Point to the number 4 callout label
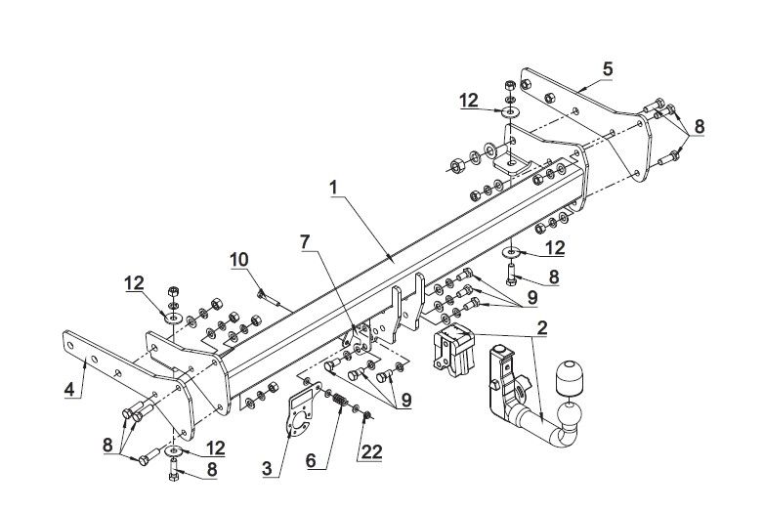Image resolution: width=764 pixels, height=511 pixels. [69, 390]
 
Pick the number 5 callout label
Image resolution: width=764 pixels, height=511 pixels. [607, 68]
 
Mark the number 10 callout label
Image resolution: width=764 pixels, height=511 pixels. [239, 259]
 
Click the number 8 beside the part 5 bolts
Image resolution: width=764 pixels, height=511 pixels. [699, 126]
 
